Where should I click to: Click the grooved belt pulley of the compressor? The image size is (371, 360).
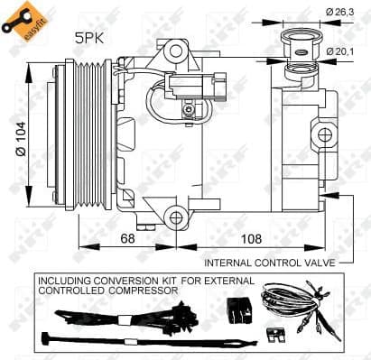88,134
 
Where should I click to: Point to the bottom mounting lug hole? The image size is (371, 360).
172,215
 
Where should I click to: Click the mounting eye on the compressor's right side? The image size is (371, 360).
321,135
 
